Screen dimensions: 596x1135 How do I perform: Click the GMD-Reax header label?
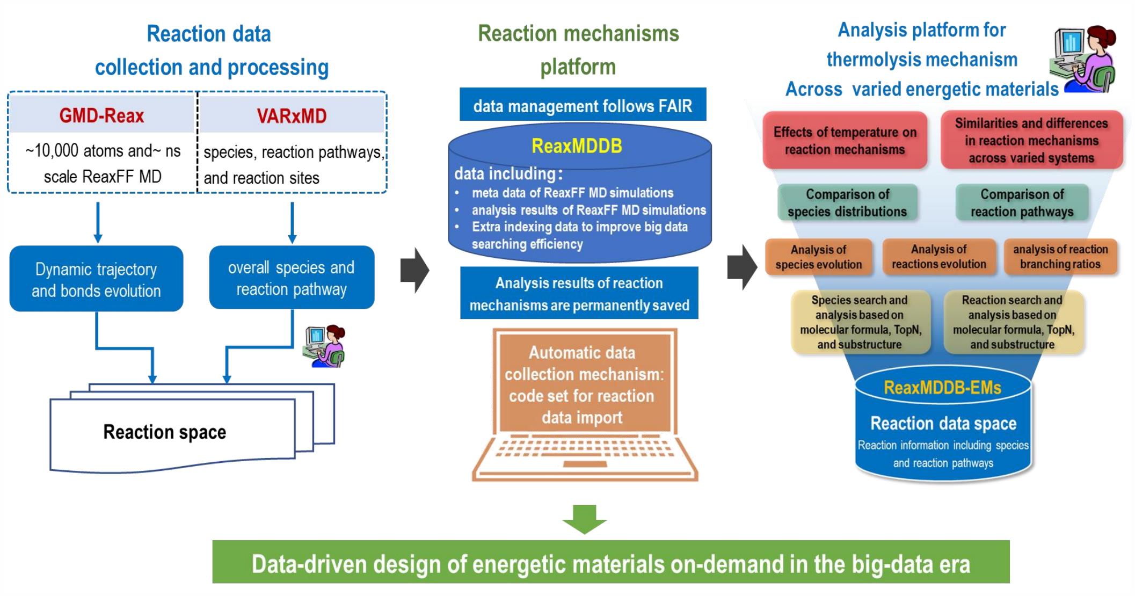(101, 115)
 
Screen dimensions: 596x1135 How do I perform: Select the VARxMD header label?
(292, 116)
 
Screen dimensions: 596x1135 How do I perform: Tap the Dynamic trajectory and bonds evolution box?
(96, 279)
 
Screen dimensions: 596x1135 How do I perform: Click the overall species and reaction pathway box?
(292, 278)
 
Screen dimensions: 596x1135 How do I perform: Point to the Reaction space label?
(164, 432)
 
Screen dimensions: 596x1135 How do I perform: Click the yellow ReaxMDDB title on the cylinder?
(577, 146)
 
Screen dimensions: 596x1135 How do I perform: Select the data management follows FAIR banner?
(583, 105)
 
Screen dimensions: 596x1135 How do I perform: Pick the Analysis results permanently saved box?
(579, 294)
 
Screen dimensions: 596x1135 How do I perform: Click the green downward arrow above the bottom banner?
(584, 519)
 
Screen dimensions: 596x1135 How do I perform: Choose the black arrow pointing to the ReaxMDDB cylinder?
(414, 270)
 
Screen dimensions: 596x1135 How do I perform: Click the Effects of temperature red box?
(845, 141)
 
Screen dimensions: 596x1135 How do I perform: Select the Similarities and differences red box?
(1031, 141)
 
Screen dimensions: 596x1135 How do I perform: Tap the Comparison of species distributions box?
(847, 203)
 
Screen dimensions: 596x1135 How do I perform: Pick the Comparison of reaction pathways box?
(1022, 203)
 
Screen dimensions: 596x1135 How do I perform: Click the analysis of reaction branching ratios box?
(1060, 257)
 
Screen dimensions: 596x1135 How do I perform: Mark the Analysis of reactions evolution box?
(938, 257)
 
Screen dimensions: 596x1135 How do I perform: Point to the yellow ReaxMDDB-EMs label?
(942, 388)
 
